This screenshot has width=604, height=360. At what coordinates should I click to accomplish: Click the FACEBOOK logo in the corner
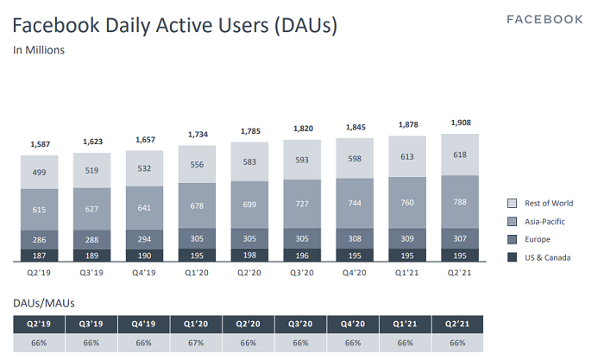(x=544, y=19)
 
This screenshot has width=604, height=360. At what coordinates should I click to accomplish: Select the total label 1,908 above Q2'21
(x=459, y=122)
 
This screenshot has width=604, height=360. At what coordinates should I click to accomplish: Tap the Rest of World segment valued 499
(x=40, y=172)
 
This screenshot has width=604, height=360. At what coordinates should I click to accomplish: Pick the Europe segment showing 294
(x=144, y=238)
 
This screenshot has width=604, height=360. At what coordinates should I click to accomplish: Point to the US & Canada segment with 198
(x=249, y=255)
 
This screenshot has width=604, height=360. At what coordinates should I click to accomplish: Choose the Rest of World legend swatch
(x=512, y=204)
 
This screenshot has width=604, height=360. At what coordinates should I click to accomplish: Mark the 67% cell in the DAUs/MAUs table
(x=197, y=343)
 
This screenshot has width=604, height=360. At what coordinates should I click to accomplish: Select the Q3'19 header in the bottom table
(x=92, y=324)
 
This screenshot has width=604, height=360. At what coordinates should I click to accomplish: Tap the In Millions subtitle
(x=39, y=50)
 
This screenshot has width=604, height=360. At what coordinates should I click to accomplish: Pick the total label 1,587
(x=40, y=144)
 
